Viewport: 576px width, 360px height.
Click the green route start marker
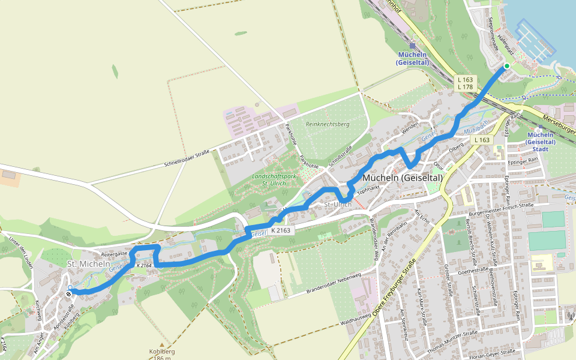pyautogui.click(x=507, y=66)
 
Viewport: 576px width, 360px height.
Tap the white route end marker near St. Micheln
pyautogui.click(x=70, y=289)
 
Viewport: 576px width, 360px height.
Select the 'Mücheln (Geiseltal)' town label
pyautogui.click(x=403, y=178)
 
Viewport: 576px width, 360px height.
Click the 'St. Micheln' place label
pyautogui.click(x=89, y=264)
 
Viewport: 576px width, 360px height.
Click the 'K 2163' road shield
pyautogui.click(x=280, y=230)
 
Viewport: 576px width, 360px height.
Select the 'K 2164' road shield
pyautogui.click(x=143, y=265)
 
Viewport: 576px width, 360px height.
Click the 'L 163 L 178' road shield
pyautogui.click(x=465, y=83)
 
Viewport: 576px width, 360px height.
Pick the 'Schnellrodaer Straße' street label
pyautogui.click(x=186, y=160)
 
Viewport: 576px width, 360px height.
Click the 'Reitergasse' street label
pyautogui.click(x=115, y=254)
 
